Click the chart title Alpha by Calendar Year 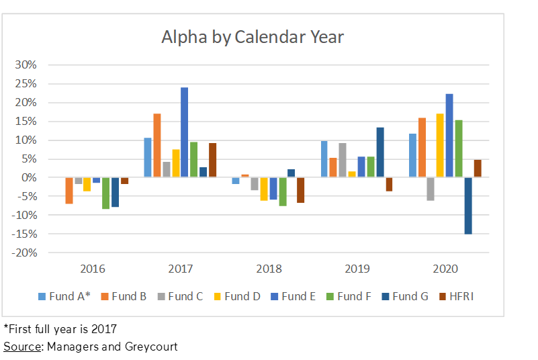click(253, 36)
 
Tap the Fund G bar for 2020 click(468, 206)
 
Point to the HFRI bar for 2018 click(300, 190)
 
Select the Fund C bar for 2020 click(431, 189)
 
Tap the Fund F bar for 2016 click(106, 193)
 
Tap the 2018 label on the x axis click(269, 269)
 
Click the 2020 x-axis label click(445, 269)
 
